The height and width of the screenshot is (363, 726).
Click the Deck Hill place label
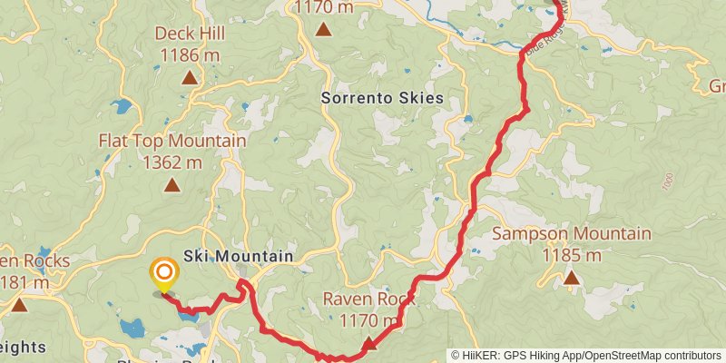pos(189,34)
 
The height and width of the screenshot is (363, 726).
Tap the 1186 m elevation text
pos(189,54)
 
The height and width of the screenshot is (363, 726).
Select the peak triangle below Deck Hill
pos(189,78)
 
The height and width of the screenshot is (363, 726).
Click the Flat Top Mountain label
pos(172,142)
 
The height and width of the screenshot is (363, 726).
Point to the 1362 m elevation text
pos(172,162)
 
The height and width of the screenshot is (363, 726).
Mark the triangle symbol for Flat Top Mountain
pos(172,186)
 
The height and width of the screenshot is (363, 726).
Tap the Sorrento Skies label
pos(382,97)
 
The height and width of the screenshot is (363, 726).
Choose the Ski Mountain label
pos(238,257)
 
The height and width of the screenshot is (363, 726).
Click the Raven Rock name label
pos(368,299)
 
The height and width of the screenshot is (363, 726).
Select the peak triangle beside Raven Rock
pos(369,343)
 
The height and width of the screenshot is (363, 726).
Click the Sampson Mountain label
pos(571,234)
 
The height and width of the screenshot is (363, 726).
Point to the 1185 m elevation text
pos(571,255)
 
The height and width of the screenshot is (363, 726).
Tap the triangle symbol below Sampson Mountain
pos(571,278)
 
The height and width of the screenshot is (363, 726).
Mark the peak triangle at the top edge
pos(323,29)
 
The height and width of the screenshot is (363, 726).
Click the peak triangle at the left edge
pos(18,304)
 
